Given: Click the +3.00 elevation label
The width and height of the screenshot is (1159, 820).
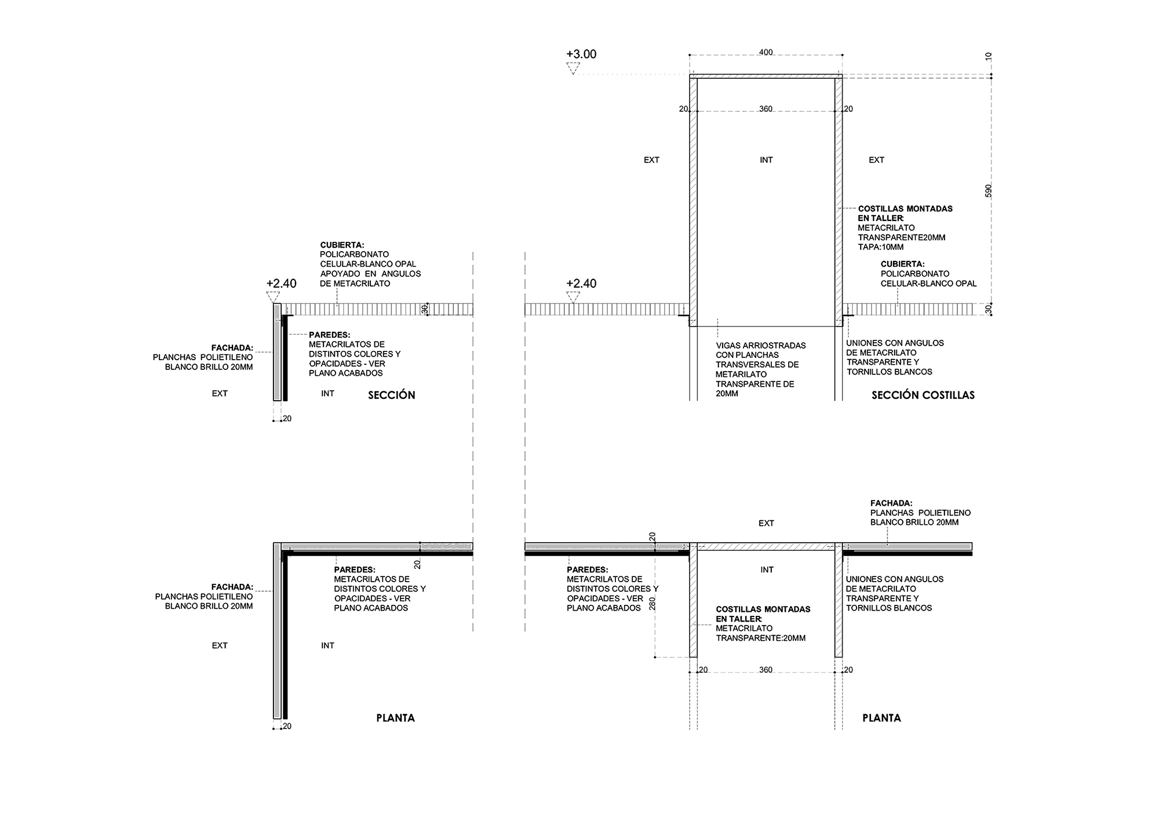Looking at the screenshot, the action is (581, 54).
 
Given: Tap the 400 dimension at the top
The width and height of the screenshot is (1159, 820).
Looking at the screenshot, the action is (766, 53).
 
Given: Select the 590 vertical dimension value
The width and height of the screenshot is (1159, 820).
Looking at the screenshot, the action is (989, 191).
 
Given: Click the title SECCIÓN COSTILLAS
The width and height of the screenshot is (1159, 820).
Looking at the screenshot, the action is (923, 395).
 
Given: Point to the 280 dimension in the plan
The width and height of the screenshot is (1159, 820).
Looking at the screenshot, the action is (652, 603).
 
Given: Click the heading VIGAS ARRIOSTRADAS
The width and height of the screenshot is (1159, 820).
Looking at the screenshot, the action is (761, 345).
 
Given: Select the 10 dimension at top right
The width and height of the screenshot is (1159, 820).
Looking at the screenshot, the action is (989, 57).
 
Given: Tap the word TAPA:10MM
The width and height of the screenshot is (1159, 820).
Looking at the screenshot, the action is (881, 247).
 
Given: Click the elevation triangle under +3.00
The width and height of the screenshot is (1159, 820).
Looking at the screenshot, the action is (573, 68).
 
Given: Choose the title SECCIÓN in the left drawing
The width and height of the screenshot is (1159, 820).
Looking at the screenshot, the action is (392, 395).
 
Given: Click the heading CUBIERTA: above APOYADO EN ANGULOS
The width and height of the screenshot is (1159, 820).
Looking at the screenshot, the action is (342, 245).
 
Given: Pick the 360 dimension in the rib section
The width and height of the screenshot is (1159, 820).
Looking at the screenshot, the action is (766, 109).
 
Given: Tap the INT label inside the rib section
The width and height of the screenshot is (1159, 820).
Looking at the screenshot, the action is (766, 160).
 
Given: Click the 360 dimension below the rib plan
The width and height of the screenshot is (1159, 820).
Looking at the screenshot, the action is (766, 670).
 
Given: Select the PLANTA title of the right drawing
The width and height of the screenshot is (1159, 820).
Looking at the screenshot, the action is (881, 718).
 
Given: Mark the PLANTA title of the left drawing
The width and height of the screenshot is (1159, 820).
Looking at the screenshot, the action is (396, 718).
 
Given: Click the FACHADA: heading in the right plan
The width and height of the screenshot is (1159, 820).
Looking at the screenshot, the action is (891, 503).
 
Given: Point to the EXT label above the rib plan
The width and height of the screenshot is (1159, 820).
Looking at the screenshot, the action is (766, 523).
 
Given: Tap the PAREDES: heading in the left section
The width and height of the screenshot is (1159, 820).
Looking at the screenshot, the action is (330, 335).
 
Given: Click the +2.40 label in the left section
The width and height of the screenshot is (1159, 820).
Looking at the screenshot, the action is (282, 284).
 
